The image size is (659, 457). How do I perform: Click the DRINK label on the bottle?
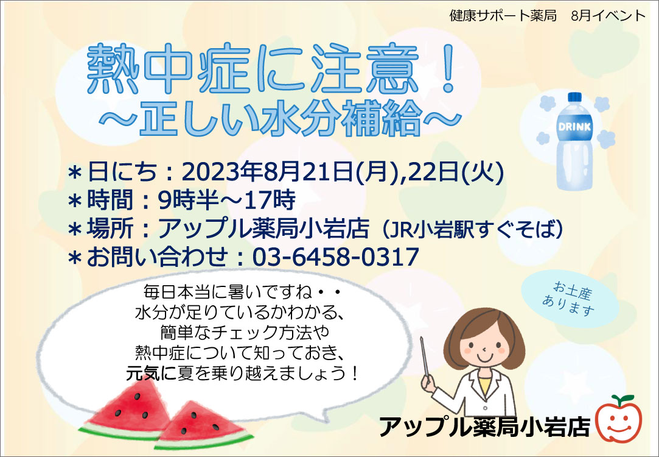click(x=574, y=126)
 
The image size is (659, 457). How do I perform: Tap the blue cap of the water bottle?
click(x=574, y=97)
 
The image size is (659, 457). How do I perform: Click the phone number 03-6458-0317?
click(x=336, y=257)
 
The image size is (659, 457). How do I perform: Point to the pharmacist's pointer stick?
click(x=425, y=357)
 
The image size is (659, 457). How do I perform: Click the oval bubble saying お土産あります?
click(x=570, y=299)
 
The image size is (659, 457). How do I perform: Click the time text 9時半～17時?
click(x=227, y=200)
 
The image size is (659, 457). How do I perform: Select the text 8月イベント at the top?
click(x=608, y=16)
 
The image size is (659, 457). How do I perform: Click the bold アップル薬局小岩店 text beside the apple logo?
click(x=484, y=427)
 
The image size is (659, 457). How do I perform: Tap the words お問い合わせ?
click(x=157, y=257)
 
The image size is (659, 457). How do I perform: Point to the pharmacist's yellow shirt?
click(x=485, y=386)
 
